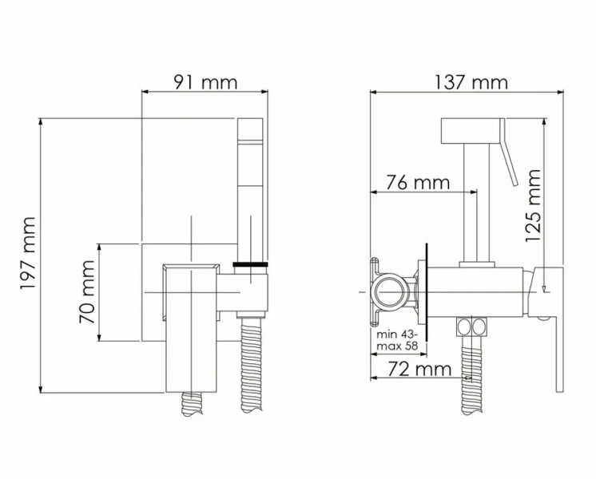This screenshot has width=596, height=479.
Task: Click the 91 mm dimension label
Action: pos(205,82)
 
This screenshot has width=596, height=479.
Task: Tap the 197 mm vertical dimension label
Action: pos(28,253)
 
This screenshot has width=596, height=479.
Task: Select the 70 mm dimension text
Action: pos(87,291)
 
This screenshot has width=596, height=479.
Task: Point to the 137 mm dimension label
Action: pos(471,82)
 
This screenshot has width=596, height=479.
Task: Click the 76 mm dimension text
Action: pos(418,182)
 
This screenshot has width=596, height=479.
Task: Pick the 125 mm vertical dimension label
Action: pos(533,206)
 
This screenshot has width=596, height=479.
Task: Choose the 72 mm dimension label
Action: pos(419,369)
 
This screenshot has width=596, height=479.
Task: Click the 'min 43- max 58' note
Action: pos(397,340)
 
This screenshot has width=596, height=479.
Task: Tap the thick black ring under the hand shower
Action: pos(251,264)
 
